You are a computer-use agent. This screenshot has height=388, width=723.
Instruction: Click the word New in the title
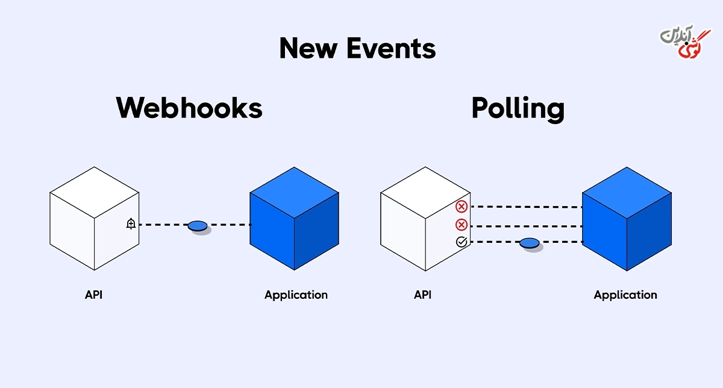[308, 48]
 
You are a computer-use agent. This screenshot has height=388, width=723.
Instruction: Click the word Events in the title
[391, 48]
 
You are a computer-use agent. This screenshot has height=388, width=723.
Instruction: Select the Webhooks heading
[189, 108]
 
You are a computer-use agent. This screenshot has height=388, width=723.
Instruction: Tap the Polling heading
[518, 109]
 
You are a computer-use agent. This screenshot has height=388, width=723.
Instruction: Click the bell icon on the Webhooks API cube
[131, 224]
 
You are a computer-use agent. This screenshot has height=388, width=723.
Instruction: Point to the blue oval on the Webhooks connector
[198, 226]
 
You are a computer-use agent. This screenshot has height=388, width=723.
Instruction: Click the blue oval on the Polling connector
[530, 243]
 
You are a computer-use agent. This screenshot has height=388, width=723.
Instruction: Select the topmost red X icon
[462, 207]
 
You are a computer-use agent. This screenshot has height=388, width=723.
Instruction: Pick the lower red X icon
[462, 225]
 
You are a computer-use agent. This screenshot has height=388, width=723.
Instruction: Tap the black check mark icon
[462, 242]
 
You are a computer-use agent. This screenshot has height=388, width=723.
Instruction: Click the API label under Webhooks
[93, 295]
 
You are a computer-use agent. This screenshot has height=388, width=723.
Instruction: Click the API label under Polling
[423, 295]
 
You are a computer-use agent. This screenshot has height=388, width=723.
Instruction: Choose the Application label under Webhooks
[296, 295]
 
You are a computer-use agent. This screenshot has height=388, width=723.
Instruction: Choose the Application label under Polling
[625, 295]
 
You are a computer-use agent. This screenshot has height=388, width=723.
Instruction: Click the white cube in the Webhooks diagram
[94, 219]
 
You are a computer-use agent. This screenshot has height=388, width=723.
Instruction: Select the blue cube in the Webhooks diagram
[295, 219]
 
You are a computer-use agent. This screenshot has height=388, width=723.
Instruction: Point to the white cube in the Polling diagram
[425, 219]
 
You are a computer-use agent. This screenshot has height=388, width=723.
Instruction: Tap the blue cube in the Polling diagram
[627, 219]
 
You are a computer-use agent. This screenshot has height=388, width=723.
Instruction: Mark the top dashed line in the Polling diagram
[527, 207]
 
